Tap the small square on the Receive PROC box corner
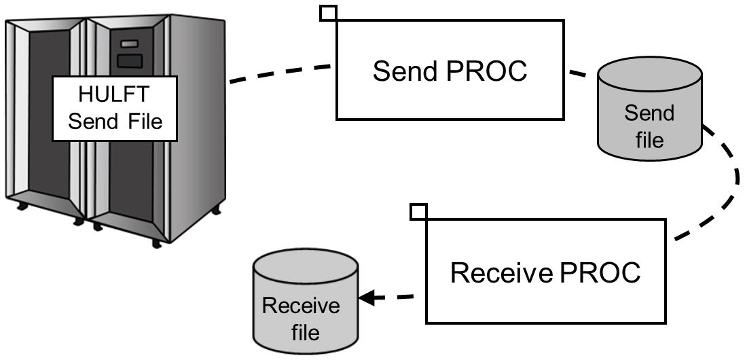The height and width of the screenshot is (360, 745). [419, 211]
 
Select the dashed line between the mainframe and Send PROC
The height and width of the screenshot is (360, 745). [282, 73]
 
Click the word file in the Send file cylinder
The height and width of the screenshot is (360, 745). [649, 139]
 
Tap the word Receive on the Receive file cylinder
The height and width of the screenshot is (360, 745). [301, 306]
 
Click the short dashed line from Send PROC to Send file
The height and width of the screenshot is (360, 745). [579, 74]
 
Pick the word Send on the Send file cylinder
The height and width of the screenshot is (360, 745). [649, 113]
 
